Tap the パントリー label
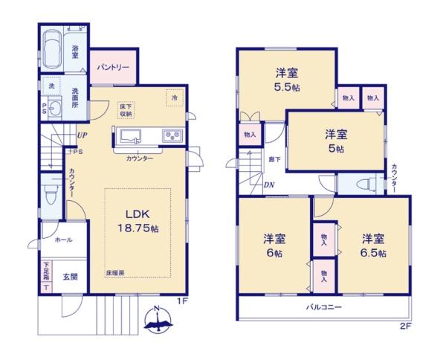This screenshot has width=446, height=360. click(114, 68)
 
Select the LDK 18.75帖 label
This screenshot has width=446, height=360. click(138, 221)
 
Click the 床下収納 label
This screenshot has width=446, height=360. click(125, 110)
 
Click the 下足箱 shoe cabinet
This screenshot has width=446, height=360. click(46, 277)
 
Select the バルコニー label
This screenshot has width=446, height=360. click(322, 306)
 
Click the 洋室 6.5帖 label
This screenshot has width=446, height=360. click(373, 245)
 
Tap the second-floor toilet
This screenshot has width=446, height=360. click(366, 184)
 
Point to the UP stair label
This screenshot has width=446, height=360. click(82, 136)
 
